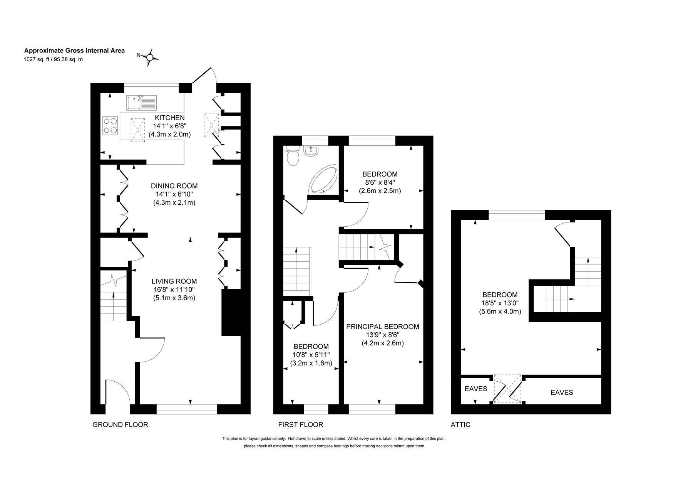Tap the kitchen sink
tap(141, 103)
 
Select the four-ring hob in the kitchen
tap(110, 126)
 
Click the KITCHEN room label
tap(170, 118)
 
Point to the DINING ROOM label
tap(174, 186)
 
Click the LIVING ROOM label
tap(174, 281)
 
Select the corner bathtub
tap(324, 180)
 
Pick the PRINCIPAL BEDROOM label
tap(383, 327)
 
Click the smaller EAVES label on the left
tap(476, 389)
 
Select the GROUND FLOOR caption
tap(120, 425)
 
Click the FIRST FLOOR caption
tap(301, 425)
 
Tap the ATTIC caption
tap(460, 425)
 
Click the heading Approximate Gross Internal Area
tap(75, 51)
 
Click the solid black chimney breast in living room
tap(231, 313)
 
